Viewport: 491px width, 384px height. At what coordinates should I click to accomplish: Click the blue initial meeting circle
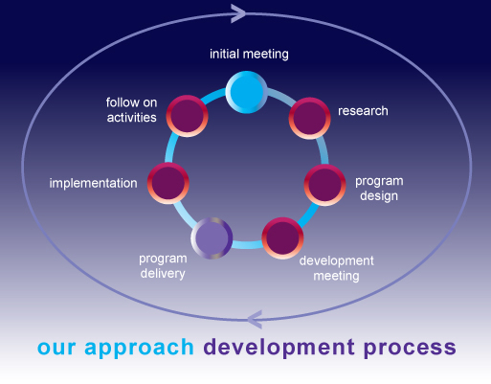(247, 92)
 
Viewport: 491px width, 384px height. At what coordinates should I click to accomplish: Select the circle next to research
(308, 117)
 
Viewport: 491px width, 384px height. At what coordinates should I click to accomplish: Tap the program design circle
(324, 184)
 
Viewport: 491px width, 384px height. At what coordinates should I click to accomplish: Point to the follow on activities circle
(187, 117)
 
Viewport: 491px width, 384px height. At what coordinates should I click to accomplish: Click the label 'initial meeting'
(249, 54)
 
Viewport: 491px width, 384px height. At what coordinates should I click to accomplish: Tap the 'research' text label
(363, 111)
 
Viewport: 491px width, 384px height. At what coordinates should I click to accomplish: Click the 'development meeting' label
(336, 268)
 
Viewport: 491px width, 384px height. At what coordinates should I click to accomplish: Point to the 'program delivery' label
(162, 265)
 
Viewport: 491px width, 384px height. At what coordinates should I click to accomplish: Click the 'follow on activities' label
(131, 109)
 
